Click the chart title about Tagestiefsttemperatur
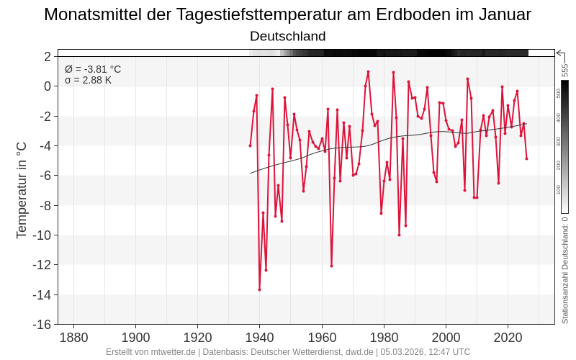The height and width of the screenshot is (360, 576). [287, 14]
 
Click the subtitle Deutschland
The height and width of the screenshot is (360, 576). [287, 36]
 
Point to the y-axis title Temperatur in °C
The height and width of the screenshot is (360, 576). [22, 190]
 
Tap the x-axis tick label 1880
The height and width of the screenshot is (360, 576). [73, 338]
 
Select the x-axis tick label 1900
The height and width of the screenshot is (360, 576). [135, 338]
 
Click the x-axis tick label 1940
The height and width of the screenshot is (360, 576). [260, 338]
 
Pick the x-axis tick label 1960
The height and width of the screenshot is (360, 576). [322, 338]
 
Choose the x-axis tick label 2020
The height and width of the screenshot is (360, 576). [508, 338]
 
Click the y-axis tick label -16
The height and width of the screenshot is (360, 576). [41, 324]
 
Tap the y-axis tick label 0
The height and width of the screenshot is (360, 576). [47, 86]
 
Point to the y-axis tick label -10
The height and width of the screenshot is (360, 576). [41, 235]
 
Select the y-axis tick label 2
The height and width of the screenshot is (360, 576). [47, 56]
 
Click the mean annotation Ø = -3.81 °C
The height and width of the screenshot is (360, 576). [93, 69]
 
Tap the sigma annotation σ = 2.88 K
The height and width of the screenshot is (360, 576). [88, 80]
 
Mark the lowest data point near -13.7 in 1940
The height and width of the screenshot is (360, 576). [259, 289]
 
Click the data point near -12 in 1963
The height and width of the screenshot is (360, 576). [331, 266]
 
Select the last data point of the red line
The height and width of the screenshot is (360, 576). [526, 158]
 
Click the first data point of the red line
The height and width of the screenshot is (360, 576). [250, 145]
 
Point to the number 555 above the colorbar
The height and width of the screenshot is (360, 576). [565, 70]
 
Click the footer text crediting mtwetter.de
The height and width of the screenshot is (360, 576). [287, 352]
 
